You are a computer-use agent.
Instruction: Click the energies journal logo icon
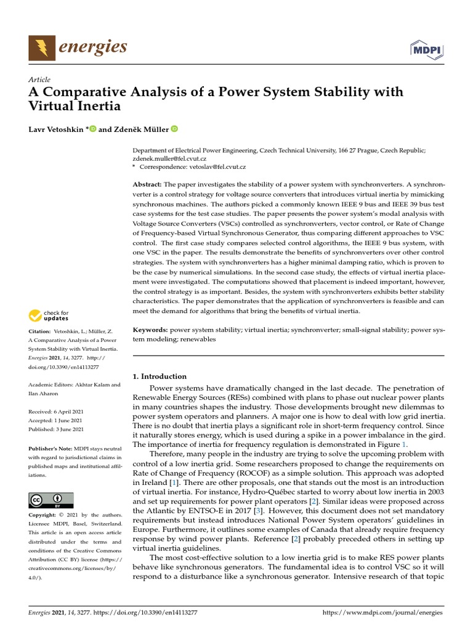point(42,47)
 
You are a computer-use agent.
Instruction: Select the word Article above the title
point(39,79)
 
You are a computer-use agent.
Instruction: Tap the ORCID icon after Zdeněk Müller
point(174,129)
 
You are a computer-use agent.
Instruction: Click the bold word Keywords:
point(151,330)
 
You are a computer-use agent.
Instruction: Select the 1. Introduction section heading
point(160,377)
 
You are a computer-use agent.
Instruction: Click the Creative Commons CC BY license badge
point(51,500)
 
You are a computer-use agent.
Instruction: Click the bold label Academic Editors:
point(53,385)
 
